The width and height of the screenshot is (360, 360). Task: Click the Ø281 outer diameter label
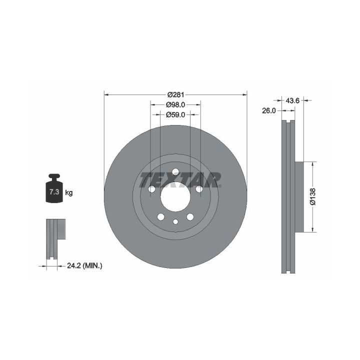175,94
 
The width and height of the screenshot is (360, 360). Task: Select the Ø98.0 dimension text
175,104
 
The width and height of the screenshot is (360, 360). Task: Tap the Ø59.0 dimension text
175,114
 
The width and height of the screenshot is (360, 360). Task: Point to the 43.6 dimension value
292,100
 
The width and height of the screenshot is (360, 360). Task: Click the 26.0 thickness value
269,110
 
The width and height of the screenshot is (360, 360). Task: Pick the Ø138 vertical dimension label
312,196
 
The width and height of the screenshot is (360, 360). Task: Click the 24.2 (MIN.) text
84,266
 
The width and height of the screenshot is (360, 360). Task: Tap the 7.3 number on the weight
54,192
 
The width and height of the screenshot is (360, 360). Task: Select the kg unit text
69,192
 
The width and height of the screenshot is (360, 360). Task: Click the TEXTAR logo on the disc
180,180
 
